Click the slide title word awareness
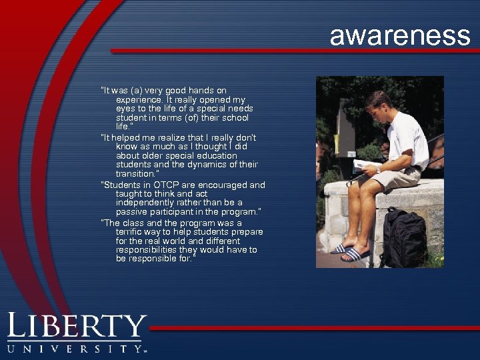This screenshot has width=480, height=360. (x=399, y=35)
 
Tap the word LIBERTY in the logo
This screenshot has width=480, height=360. (x=77, y=327)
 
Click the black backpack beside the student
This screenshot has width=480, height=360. (x=403, y=238)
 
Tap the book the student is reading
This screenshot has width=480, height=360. (x=365, y=165)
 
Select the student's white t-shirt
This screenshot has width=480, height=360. (x=407, y=140)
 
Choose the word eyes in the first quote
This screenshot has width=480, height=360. (x=125, y=109)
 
